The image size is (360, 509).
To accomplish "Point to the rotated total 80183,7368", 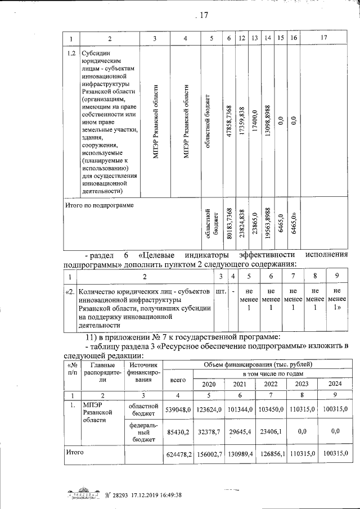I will [228, 223].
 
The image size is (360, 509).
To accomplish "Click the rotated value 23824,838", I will [242, 223].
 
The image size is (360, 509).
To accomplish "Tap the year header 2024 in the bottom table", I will [335, 384].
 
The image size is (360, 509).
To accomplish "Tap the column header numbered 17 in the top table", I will [322, 38].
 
